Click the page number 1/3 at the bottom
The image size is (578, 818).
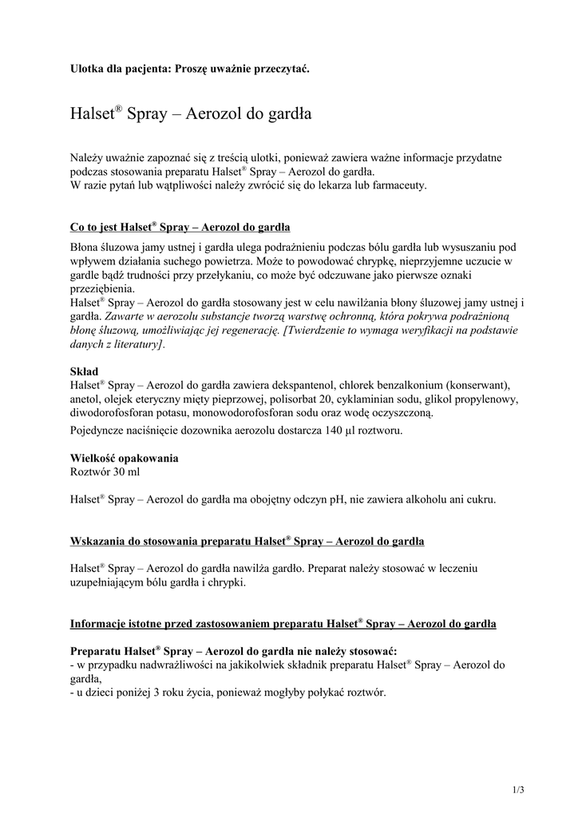click(518, 790)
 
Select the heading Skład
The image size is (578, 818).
click(85, 371)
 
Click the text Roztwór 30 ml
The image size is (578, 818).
click(105, 472)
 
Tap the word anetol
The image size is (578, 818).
click(84, 399)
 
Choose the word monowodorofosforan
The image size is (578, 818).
click(259, 412)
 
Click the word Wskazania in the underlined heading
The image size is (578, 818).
click(96, 542)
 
